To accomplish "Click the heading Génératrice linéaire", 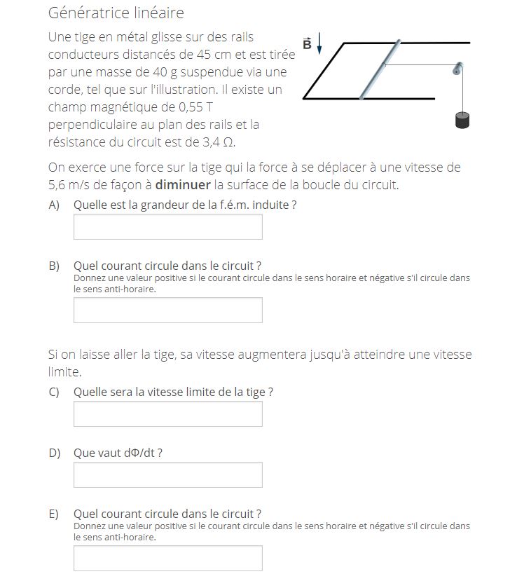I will pos(116,13).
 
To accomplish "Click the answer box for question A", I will pos(167,227).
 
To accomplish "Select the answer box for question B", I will pos(167,310).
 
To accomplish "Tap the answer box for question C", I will pos(167,414).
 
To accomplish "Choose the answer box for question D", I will pos(167,475).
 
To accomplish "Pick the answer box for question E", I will pos(167,559).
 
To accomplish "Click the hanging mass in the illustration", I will pos(462,120).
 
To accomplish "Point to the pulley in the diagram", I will pos(458,68).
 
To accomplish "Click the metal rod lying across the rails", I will pos(380,69).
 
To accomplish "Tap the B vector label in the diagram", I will pos(307,43).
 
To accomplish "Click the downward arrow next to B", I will pos(319,43).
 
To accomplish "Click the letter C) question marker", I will pos(54,392).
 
